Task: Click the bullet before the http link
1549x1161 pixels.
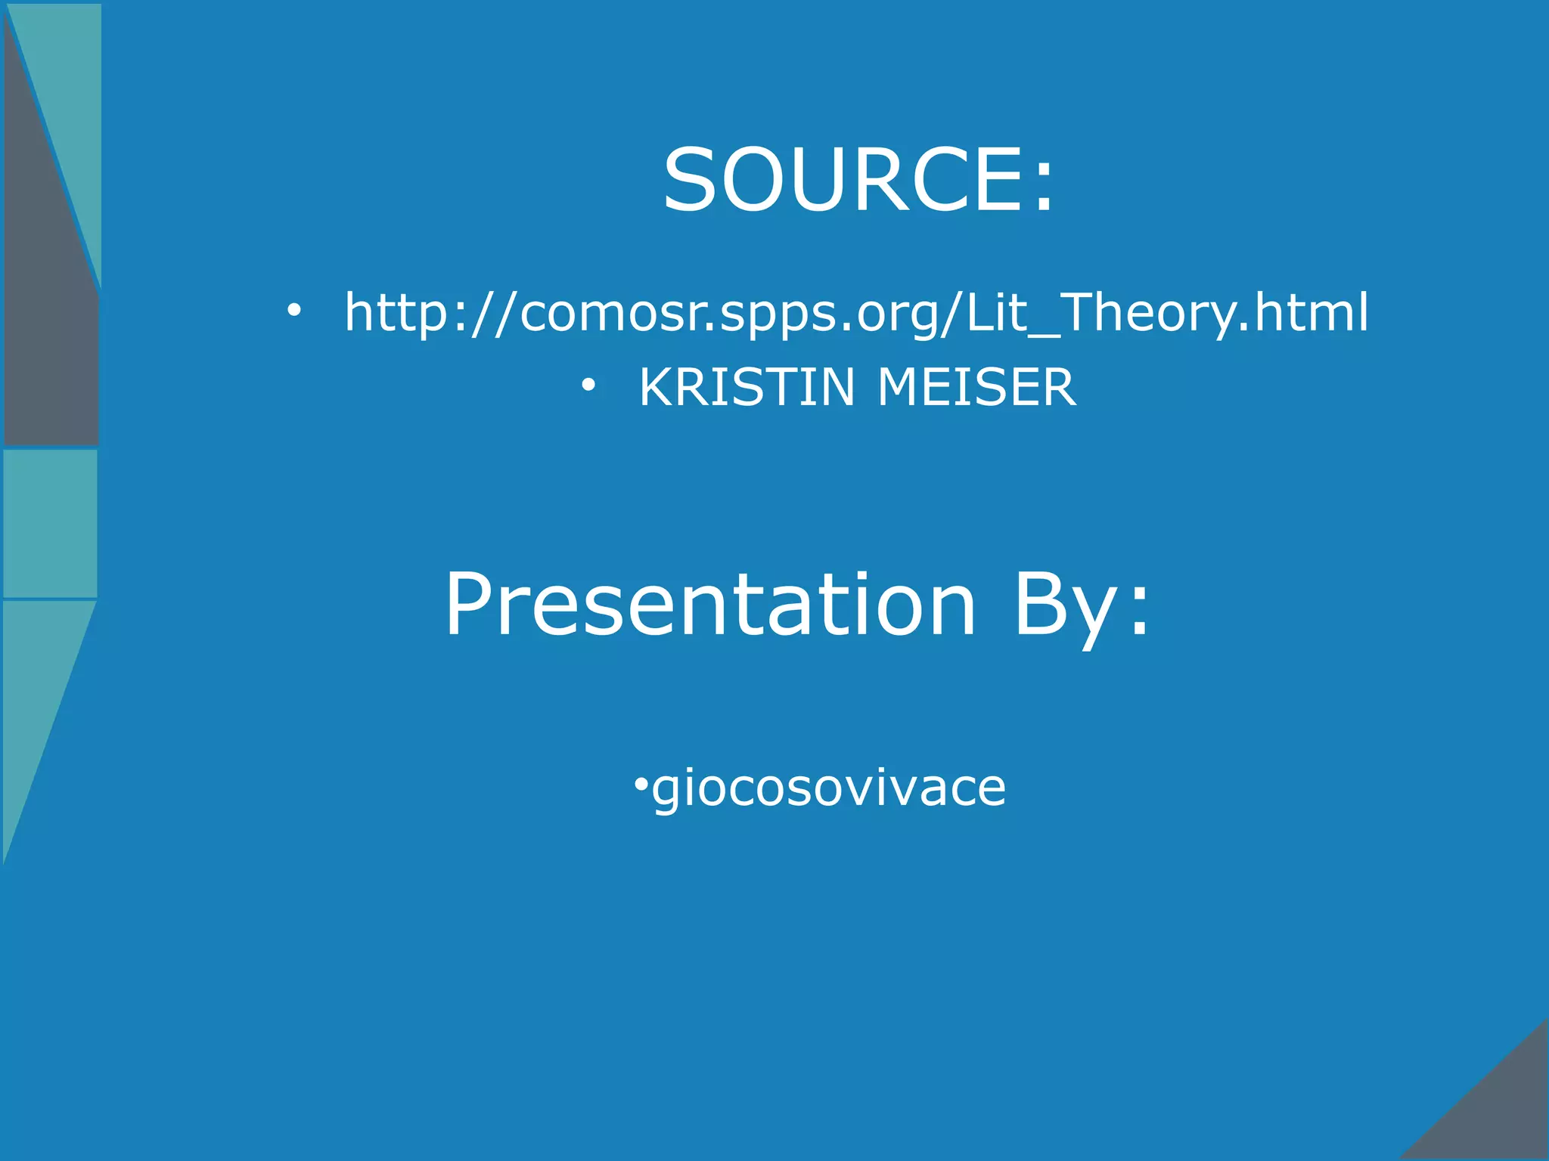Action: pyautogui.click(x=293, y=310)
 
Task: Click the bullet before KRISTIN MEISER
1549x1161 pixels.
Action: pyautogui.click(x=588, y=386)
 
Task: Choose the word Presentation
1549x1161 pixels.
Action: pyautogui.click(x=711, y=605)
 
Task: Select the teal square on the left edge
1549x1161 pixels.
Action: pyautogui.click(x=50, y=523)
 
